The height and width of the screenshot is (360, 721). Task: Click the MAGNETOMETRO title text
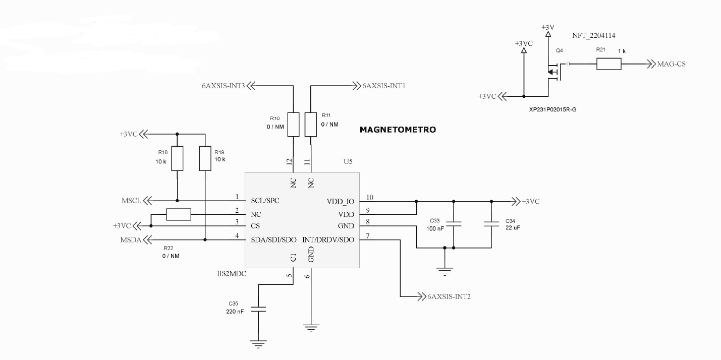click(397, 130)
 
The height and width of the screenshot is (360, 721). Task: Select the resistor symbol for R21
click(608, 65)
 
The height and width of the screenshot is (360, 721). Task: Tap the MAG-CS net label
click(672, 65)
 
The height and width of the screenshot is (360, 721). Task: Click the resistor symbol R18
click(177, 159)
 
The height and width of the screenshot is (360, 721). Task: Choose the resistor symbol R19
click(205, 159)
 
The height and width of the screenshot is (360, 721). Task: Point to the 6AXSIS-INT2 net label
click(449, 296)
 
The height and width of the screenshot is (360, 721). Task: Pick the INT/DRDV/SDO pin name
click(328, 239)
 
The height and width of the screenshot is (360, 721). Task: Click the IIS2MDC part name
click(224, 274)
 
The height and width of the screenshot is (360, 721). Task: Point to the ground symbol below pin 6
click(311, 328)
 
